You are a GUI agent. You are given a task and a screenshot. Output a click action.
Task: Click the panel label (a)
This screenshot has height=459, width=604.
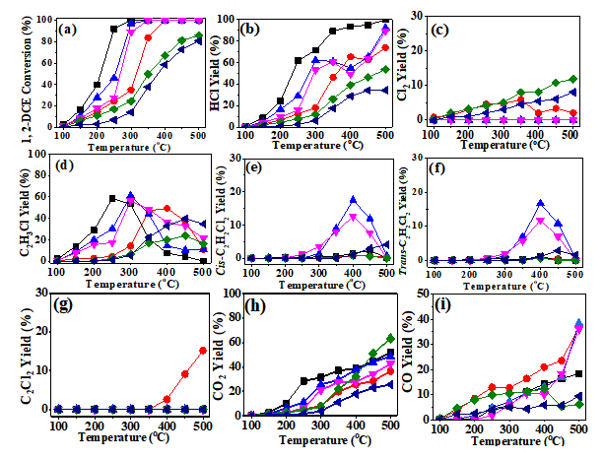coord(71,29)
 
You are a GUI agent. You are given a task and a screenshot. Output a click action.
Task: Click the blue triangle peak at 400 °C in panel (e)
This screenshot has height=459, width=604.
coord(352,199)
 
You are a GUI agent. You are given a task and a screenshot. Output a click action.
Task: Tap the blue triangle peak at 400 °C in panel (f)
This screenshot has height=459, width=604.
coord(540,204)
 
